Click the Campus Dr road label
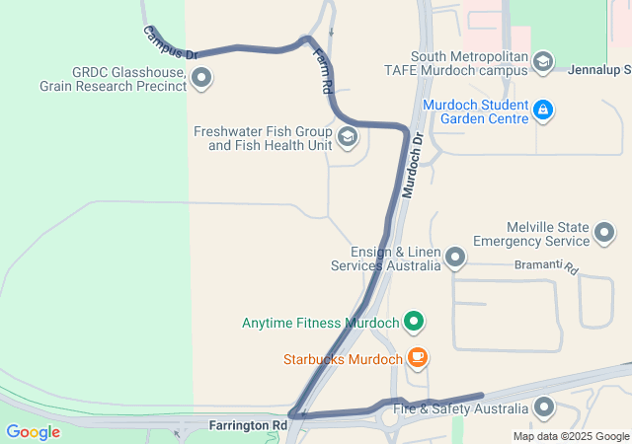(x=171, y=41)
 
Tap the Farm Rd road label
(x=321, y=70)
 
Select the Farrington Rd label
(x=248, y=425)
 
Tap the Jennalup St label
(x=601, y=70)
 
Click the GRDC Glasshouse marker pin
(x=202, y=77)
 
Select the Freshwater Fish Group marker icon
(x=347, y=136)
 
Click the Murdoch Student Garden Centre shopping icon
(x=542, y=109)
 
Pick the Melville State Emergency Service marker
(x=605, y=234)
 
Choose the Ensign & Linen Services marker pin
(x=455, y=259)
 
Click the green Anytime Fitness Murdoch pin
(x=415, y=322)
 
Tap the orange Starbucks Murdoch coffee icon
(x=418, y=358)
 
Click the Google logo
(x=34, y=431)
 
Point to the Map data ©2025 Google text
(x=571, y=436)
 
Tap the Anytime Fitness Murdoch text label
(x=320, y=323)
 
